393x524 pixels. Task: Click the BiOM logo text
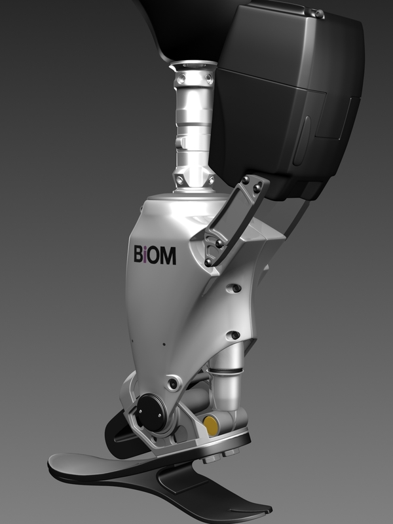coord(155,255)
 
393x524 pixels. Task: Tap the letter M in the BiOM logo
coord(168,255)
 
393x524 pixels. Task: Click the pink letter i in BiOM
coord(147,255)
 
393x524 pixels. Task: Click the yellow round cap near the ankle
coord(212,426)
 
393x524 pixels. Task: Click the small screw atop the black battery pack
coord(317,12)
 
